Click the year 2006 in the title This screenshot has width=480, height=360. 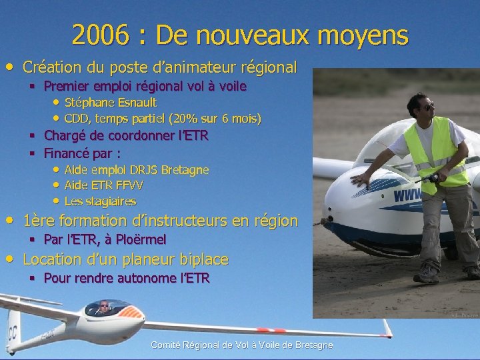tap(98, 35)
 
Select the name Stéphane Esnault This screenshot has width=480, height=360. tap(111, 103)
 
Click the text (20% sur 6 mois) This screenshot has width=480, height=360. tap(215, 119)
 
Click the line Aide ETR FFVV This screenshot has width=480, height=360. tap(103, 185)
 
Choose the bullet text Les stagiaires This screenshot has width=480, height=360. tap(100, 201)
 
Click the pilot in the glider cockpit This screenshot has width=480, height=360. tap(103, 307)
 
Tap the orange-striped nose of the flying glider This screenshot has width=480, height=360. tap(133, 311)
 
